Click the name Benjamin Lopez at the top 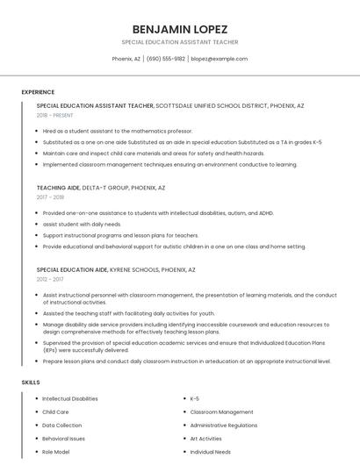pos(179,28)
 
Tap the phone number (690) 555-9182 pos(166,59)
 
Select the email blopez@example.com pos(219,59)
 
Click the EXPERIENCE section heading pos(38,92)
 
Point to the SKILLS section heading pos(31,383)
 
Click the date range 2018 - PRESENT pos(55,115)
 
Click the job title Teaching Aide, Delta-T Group pos(101,188)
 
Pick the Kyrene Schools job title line pos(116,270)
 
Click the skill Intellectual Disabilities pos(70,398)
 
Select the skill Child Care pos(55,411)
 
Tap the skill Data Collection pos(61,425)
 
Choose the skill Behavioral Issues pos(63,438)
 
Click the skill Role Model pos(55,451)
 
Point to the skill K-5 pos(195,398)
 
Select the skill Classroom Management pos(221,411)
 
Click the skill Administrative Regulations pos(224,425)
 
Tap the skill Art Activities pos(205,438)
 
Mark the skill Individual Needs pos(210,451)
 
